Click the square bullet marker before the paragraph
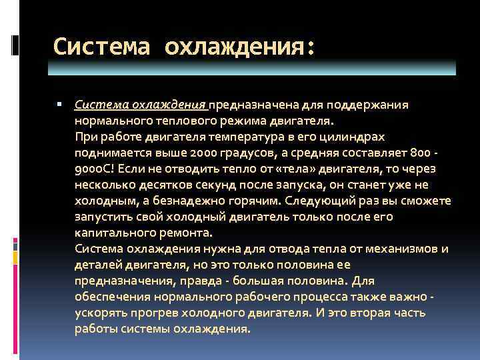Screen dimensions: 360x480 pyautogui.click(x=59, y=105)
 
